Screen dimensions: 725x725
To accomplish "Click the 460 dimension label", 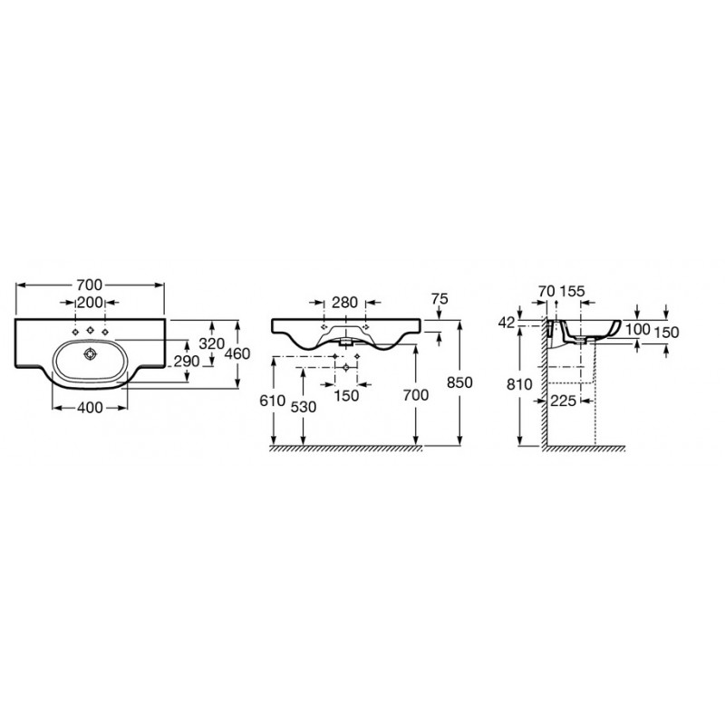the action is pyautogui.click(x=237, y=353).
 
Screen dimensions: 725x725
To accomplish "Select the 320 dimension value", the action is pyautogui.click(x=211, y=343).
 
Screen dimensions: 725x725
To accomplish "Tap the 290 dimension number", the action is pyautogui.click(x=187, y=361).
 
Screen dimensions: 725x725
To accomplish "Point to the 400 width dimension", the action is pyautogui.click(x=90, y=407).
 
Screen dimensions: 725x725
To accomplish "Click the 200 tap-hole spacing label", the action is pyautogui.click(x=90, y=303).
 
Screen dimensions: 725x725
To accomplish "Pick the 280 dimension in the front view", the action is pyautogui.click(x=345, y=303).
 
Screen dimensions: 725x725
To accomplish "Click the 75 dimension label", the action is pyautogui.click(x=440, y=299).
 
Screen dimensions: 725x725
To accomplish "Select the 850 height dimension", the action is pyautogui.click(x=460, y=382).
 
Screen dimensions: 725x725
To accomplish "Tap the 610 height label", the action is pyautogui.click(x=273, y=401).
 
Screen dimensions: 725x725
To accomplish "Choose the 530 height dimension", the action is pyautogui.click(x=304, y=407).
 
